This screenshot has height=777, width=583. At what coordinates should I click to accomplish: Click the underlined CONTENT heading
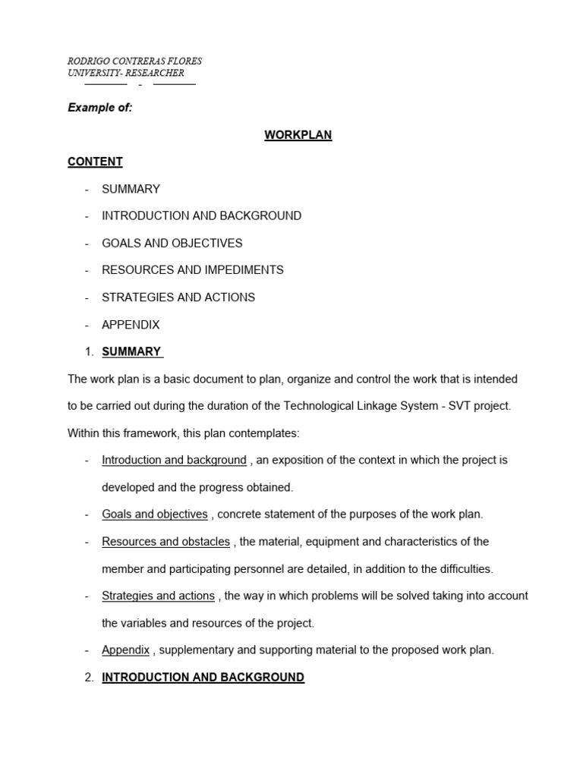(95, 162)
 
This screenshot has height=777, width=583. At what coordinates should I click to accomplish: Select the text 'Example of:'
(100, 108)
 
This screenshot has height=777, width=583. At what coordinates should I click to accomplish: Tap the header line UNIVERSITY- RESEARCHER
(126, 73)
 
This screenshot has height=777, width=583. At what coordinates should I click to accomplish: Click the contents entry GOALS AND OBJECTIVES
(172, 243)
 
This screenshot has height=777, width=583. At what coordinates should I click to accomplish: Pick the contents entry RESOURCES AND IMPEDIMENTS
(193, 270)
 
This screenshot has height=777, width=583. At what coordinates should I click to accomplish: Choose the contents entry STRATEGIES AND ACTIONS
(178, 297)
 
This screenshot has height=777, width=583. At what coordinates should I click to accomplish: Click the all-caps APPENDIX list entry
(131, 325)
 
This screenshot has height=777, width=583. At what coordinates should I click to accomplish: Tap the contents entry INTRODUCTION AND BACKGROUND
(201, 215)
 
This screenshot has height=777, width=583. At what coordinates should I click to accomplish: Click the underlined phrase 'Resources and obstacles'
(165, 542)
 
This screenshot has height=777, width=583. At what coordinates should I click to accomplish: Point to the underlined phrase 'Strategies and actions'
(158, 596)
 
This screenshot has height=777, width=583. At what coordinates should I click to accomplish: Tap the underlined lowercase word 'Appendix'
(125, 650)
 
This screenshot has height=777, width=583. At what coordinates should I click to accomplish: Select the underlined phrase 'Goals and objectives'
(154, 514)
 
